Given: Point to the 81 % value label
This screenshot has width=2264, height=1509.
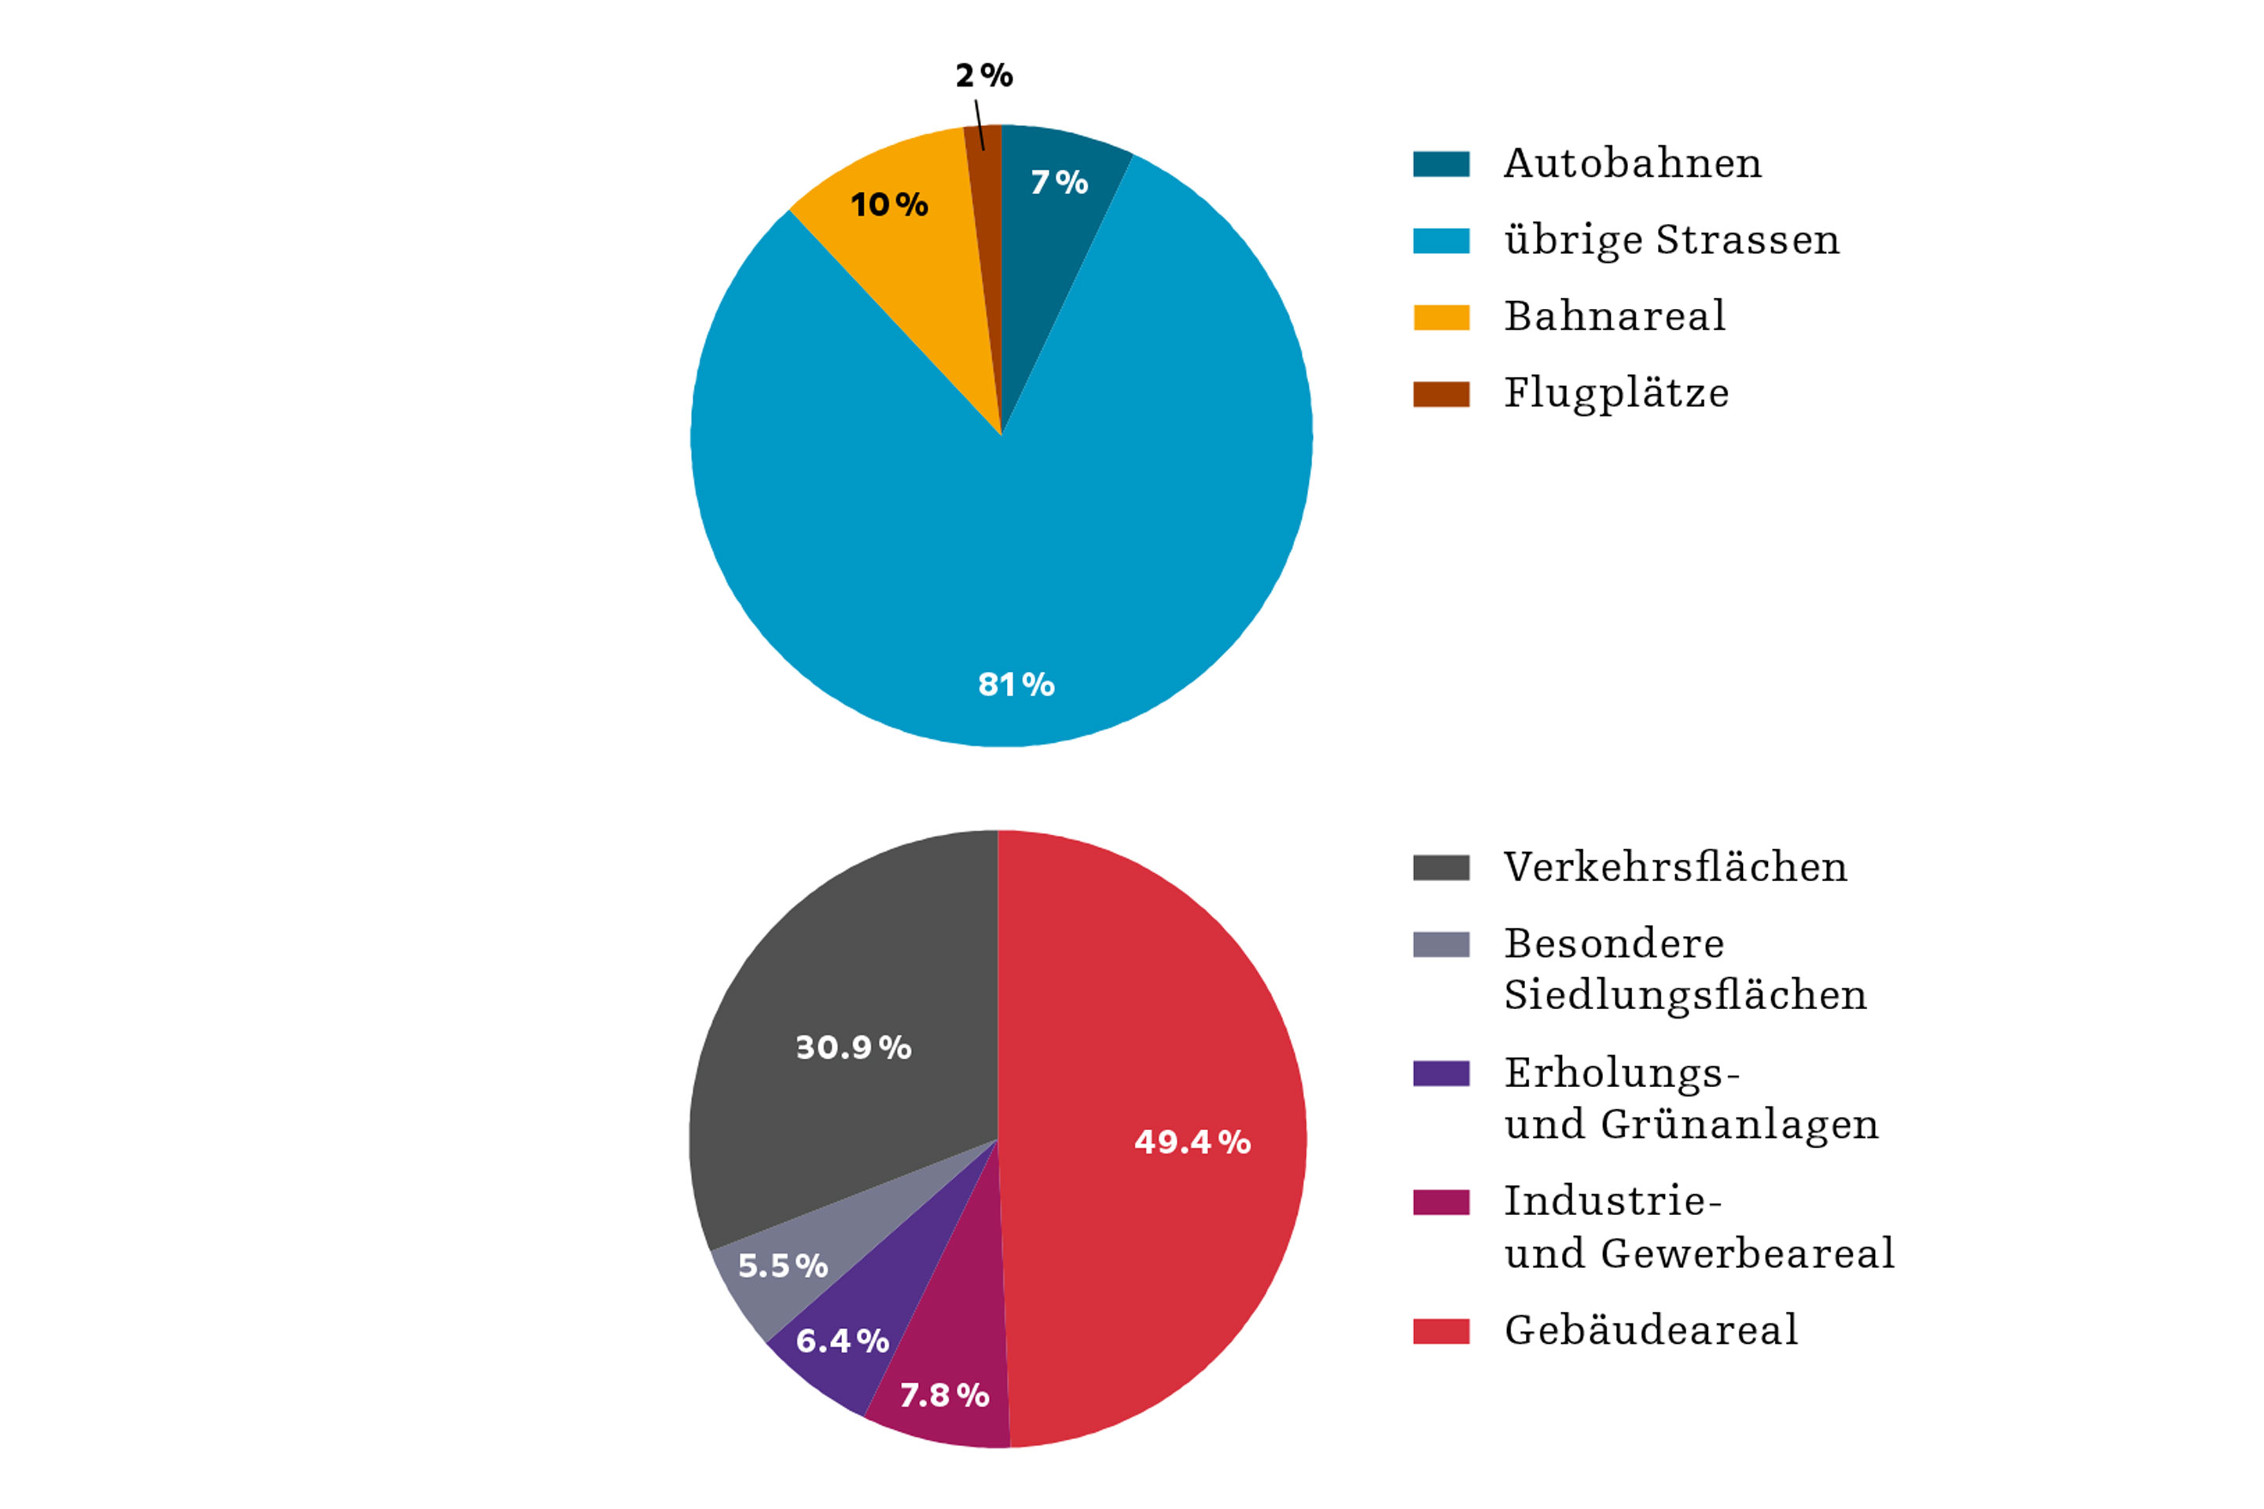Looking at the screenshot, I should click(x=1016, y=685).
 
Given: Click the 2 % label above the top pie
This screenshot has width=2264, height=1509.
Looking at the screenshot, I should click(x=983, y=75).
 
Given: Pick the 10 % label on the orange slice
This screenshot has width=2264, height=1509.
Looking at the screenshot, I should click(x=888, y=204).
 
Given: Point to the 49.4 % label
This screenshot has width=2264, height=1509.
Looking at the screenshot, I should click(x=1192, y=1142).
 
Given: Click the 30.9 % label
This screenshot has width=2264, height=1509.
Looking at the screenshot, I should click(x=853, y=1048).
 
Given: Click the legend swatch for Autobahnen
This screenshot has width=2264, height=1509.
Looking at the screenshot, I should click(x=1441, y=163).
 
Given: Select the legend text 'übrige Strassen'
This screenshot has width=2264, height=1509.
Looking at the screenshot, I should click(x=1671, y=240).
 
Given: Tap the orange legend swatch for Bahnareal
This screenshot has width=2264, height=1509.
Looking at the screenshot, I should click(x=1441, y=318).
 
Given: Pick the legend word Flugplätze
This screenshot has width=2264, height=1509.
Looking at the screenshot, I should click(x=1616, y=394).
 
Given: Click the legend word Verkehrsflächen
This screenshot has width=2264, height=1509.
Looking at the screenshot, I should click(x=1675, y=867).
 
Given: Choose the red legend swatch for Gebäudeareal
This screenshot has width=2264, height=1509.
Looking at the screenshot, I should click(x=1441, y=1331).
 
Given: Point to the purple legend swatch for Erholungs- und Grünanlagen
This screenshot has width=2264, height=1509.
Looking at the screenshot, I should click(x=1441, y=1073).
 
